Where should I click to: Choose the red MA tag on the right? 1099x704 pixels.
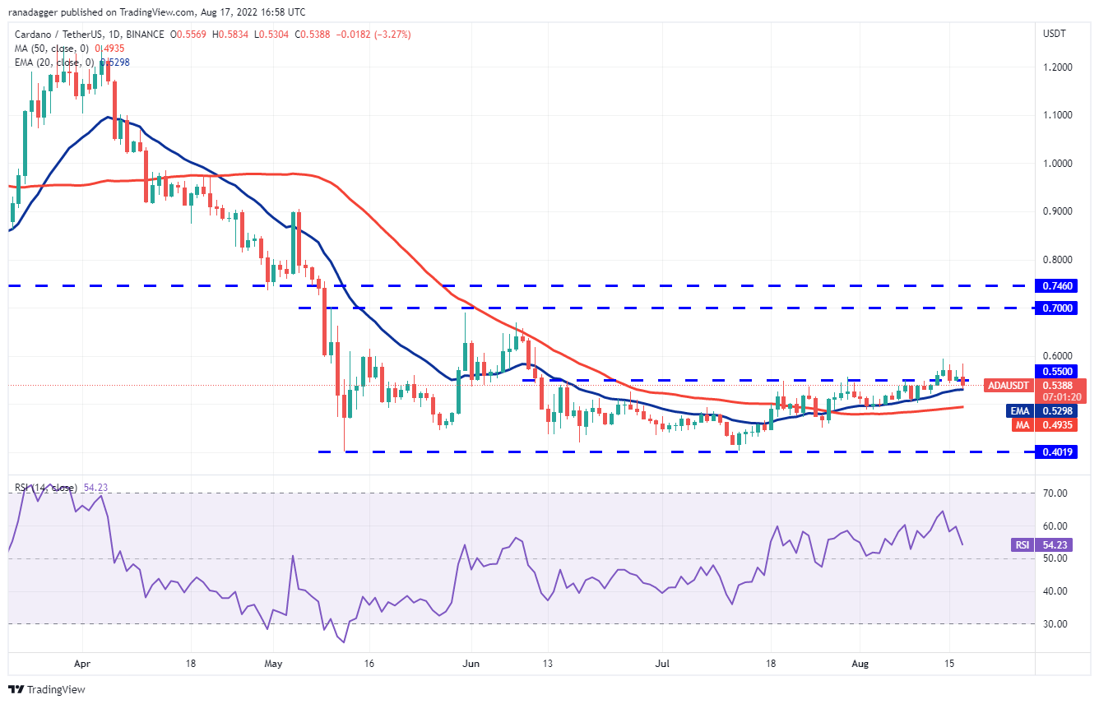pos(1018,424)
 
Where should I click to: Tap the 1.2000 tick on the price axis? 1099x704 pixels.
pos(1055,67)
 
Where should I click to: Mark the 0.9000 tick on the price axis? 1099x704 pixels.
pos(1055,211)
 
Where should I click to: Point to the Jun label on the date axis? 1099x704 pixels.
pos(471,662)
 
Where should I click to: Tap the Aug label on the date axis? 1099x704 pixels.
pos(859,662)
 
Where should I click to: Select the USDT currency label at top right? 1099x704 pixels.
pos(1054,34)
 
